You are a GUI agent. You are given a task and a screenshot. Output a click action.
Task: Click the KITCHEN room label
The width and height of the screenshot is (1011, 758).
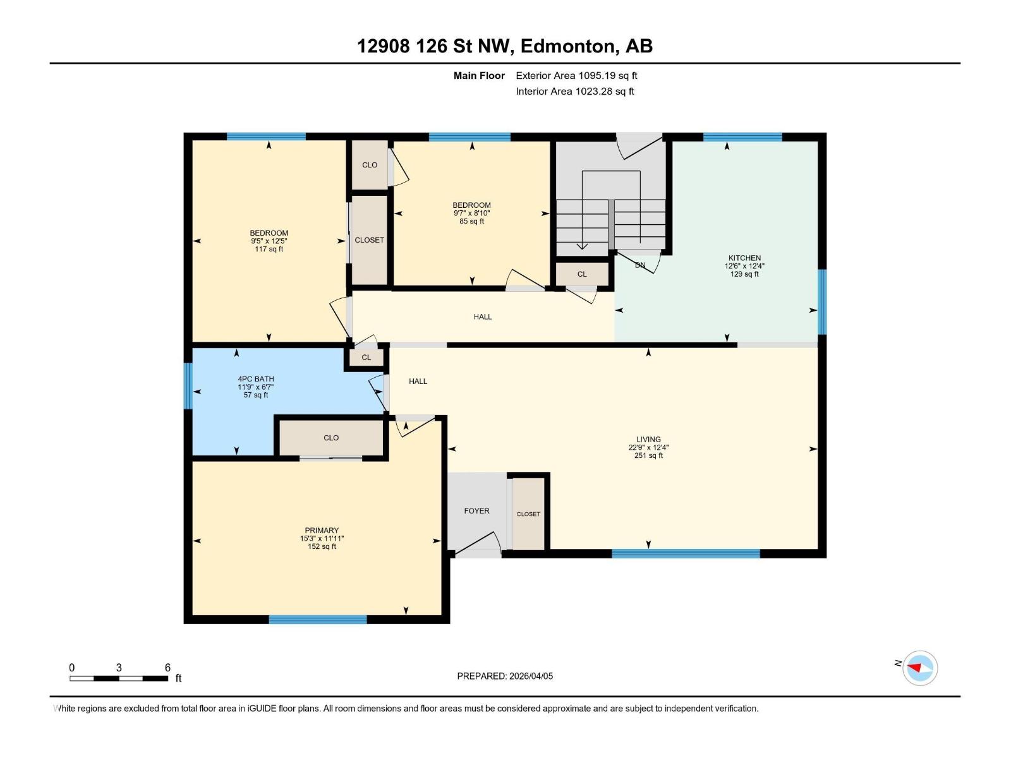click(x=744, y=258)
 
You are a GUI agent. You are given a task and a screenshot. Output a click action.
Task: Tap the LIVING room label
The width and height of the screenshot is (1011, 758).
click(x=648, y=439)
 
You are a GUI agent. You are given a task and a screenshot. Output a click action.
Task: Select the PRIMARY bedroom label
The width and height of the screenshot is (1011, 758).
click(x=322, y=531)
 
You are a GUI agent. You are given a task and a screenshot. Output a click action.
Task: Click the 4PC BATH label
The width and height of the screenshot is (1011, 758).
click(x=256, y=379)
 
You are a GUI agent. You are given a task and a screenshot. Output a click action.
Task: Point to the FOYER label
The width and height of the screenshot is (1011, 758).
click(x=476, y=511)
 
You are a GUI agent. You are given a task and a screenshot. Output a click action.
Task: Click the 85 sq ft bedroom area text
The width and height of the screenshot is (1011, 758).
click(x=471, y=222)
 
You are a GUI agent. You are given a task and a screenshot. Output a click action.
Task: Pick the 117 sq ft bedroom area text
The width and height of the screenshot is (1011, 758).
click(x=269, y=250)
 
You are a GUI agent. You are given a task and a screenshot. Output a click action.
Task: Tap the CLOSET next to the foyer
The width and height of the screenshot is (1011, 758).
click(x=528, y=514)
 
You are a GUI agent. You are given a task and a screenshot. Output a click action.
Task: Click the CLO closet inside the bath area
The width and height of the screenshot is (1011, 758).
click(x=331, y=438)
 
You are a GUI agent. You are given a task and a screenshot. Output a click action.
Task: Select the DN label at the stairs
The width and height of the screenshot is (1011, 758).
click(x=640, y=265)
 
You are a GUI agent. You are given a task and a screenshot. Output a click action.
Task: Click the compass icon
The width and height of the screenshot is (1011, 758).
click(x=919, y=668)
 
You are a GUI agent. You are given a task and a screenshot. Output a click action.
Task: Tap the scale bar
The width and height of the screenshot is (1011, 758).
click(x=119, y=678)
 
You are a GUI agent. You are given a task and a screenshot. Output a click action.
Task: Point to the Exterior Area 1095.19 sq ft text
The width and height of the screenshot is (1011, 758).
click(x=576, y=76)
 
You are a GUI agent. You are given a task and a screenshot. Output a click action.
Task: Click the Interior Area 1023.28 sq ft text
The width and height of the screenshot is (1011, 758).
click(x=574, y=92)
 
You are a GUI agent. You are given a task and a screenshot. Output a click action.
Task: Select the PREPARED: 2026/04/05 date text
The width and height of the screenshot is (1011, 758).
click(x=505, y=676)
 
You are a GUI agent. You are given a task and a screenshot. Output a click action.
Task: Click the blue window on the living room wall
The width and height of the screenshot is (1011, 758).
click(x=686, y=554)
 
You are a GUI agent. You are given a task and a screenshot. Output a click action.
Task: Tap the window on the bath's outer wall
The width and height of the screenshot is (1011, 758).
click(x=188, y=386)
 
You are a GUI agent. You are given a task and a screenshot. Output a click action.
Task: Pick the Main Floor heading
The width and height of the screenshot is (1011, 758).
click(x=479, y=76)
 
